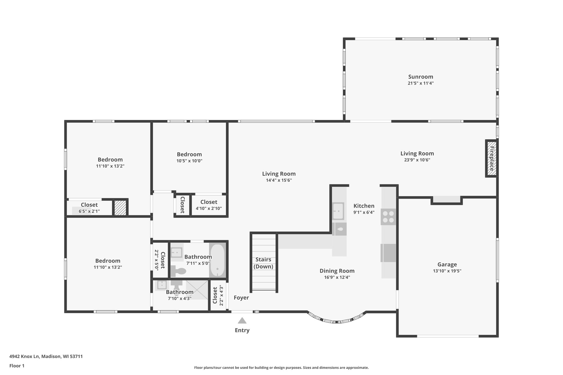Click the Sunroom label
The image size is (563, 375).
click(x=420, y=77)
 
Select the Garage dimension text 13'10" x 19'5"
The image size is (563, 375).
click(x=447, y=271)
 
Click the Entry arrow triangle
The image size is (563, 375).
click(x=242, y=321)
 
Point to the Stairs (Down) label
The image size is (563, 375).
click(x=263, y=263)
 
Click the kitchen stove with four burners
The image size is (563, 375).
click(x=388, y=216)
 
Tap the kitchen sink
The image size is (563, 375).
click(x=338, y=211)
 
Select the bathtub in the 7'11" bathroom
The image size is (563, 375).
click(x=217, y=260)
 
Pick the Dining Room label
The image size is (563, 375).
click(x=337, y=271)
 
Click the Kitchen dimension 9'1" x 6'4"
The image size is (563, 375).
click(x=364, y=212)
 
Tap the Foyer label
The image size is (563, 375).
click(x=241, y=298)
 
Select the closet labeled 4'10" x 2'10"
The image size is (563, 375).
click(x=209, y=205)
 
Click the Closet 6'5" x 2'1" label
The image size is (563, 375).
click(x=89, y=205)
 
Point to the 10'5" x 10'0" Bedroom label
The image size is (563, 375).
click(x=189, y=154)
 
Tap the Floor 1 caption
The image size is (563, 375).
click(x=17, y=366)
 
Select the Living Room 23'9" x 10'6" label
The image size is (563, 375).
click(x=417, y=154)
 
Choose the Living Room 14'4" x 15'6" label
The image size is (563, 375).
click(x=279, y=174)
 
